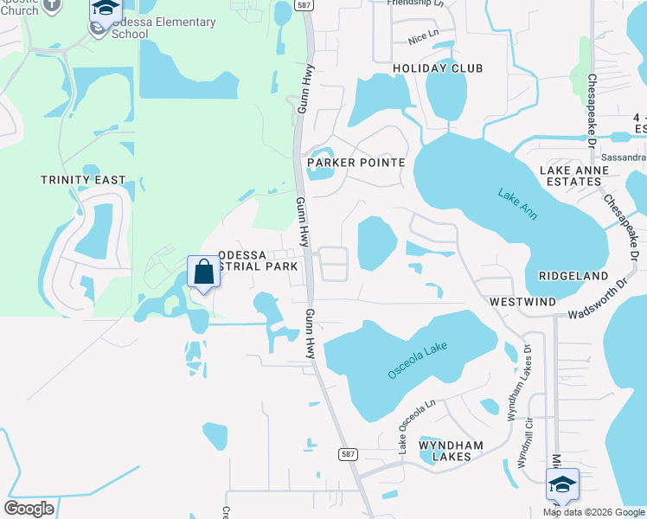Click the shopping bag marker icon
coord(203,272)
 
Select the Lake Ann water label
coord(516,203)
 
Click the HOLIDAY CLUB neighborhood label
coord(438,68)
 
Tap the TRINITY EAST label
coord(83,180)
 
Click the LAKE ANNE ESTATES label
coord(574,177)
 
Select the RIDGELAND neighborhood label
coord(573,275)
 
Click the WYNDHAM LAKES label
coord(445,450)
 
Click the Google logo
coord(29,509)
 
